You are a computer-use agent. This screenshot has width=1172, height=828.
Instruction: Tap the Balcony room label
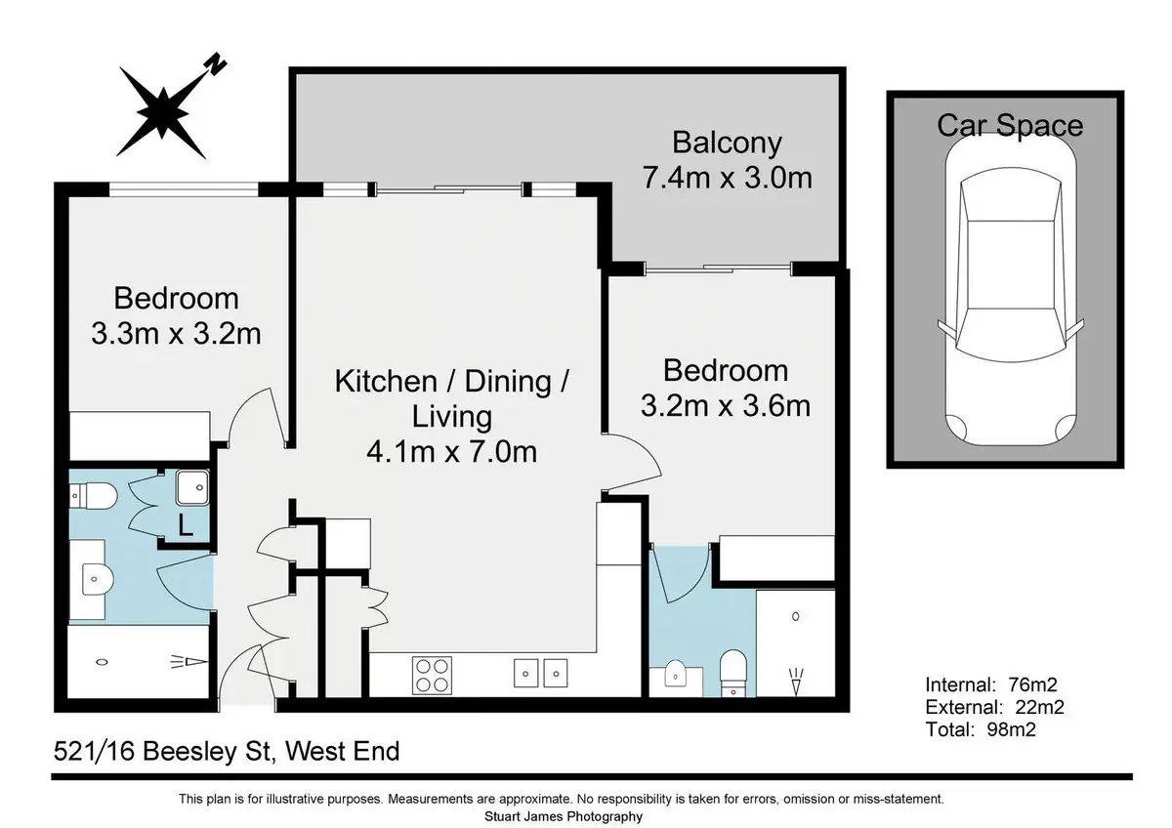click(727, 143)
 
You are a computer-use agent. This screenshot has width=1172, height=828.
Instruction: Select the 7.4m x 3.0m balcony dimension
click(727, 178)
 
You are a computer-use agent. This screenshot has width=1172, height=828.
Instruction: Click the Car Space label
click(1010, 126)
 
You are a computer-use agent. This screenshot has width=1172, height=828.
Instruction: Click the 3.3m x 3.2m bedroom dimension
click(177, 334)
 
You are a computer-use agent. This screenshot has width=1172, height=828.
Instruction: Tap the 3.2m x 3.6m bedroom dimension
click(726, 406)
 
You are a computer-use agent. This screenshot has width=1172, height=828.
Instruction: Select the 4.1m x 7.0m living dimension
click(451, 452)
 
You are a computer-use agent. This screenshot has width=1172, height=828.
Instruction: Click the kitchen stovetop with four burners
click(432, 676)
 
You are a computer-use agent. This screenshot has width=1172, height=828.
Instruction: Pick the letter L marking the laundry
click(186, 525)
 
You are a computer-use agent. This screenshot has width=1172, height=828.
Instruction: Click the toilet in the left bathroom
click(93, 495)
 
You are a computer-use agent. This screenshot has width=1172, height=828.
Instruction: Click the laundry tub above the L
click(192, 487)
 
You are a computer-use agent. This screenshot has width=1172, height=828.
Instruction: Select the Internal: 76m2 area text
click(991, 684)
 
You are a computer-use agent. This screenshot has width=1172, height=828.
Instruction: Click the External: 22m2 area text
click(994, 707)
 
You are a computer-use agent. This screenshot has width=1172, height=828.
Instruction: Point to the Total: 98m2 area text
click(981, 729)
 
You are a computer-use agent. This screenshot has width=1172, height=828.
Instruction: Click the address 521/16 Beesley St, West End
click(227, 752)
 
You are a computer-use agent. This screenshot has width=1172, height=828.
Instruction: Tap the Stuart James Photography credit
click(563, 816)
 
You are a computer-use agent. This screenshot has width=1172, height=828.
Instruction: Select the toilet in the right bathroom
click(732, 674)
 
